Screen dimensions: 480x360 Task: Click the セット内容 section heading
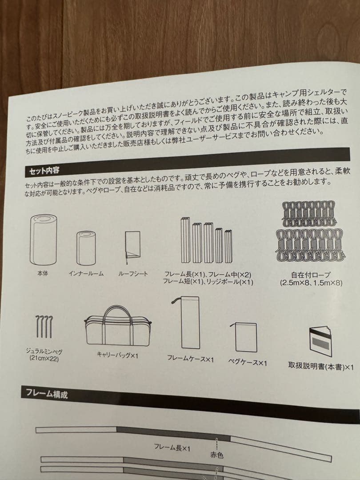coord(44,170)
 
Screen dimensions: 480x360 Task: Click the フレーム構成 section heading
coord(47,393)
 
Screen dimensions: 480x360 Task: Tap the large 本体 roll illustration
coord(43,240)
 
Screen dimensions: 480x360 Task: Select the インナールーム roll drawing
coord(86,248)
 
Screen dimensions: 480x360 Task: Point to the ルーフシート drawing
coord(132,245)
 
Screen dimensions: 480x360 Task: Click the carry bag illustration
coord(117,326)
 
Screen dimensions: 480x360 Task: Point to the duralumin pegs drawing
coord(43,327)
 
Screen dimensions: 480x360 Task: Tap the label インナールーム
coord(86,274)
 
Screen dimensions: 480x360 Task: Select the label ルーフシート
coord(133,274)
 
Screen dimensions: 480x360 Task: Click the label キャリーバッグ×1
coord(118,355)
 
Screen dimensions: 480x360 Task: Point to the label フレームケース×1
coord(190,359)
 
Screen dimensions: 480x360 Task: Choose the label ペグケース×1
coord(248,363)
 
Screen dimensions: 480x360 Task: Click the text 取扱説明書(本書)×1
coord(321,367)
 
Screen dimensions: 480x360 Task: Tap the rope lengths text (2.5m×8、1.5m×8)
coord(311,283)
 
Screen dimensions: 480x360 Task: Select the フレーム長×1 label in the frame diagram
coord(172,448)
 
